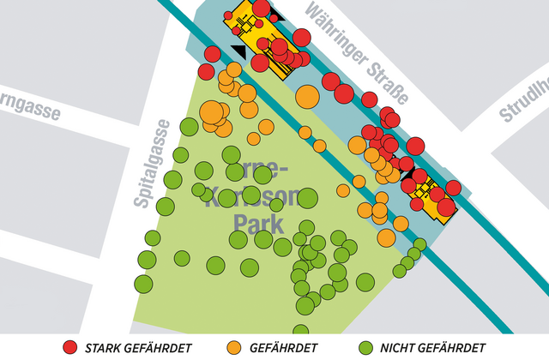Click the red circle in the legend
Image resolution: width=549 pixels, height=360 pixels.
(x=70, y=347)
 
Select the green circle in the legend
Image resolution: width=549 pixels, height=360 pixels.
(x=364, y=347)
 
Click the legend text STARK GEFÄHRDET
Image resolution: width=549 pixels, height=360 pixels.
(x=139, y=348)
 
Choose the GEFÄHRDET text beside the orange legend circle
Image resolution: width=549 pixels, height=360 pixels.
(x=284, y=348)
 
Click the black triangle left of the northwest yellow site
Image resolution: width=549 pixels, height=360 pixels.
(x=238, y=51)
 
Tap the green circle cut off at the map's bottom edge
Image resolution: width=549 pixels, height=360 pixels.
(x=299, y=330)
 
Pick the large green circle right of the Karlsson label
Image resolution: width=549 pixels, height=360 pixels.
(x=307, y=199)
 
